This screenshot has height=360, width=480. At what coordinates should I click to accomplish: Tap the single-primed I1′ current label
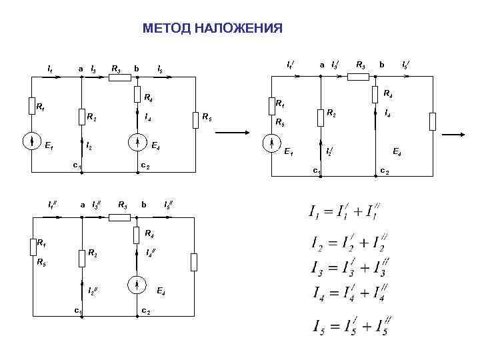(x=291, y=65)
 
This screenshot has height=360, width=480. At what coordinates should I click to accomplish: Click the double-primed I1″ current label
(x=52, y=203)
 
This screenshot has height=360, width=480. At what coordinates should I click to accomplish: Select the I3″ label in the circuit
(x=95, y=203)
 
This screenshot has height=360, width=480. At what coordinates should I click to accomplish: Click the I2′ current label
(x=329, y=152)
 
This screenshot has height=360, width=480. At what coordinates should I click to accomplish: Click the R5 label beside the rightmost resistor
(x=207, y=118)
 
